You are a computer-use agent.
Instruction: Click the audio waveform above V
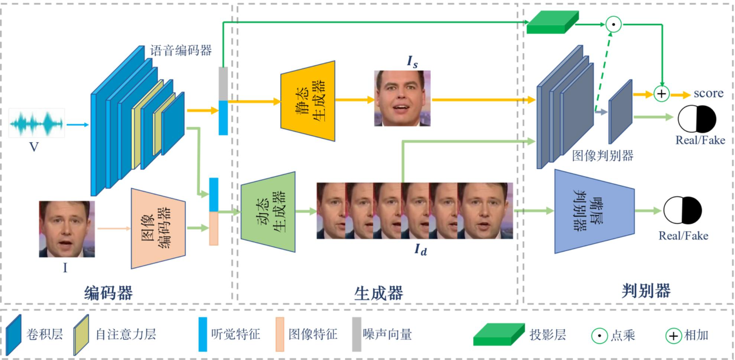click(x=37, y=123)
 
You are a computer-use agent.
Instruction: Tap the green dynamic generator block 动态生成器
click(x=268, y=212)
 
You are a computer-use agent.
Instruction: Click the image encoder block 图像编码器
click(x=158, y=228)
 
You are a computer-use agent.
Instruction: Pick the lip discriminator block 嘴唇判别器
click(x=593, y=211)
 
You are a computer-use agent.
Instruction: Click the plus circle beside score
click(x=661, y=93)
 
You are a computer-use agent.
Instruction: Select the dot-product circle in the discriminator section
click(x=614, y=25)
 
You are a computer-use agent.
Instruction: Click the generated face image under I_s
click(x=402, y=98)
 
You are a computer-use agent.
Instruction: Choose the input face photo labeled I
click(x=67, y=229)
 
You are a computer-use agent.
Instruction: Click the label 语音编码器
click(x=181, y=50)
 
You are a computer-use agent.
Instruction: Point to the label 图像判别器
click(x=602, y=156)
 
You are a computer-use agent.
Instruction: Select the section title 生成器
click(x=378, y=293)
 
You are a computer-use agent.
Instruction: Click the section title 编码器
click(x=108, y=293)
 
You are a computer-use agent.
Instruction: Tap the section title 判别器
click(x=646, y=291)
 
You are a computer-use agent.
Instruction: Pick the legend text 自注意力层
click(x=126, y=334)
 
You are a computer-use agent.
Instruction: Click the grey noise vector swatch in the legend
click(x=357, y=334)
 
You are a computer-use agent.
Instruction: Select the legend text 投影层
click(x=547, y=335)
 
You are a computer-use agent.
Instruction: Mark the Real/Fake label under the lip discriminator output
click(x=683, y=236)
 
